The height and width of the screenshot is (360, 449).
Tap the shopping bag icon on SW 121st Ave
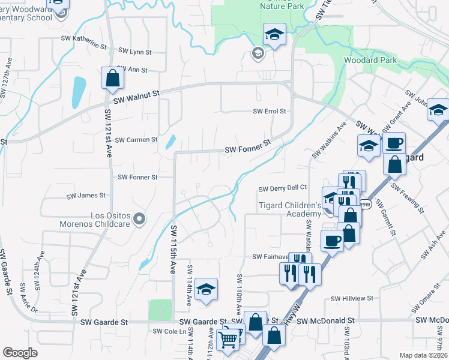click(x=112, y=78)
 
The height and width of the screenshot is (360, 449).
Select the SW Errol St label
click(x=270, y=112)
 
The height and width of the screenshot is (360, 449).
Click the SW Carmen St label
click(x=136, y=140)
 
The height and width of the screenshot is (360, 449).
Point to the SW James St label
click(x=86, y=196)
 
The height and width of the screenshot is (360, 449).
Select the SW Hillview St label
click(x=352, y=298)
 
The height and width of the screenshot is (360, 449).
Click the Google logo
click(x=20, y=353)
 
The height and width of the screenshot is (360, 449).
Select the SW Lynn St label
click(x=134, y=51)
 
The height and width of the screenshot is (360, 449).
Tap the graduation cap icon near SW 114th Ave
click(x=206, y=290)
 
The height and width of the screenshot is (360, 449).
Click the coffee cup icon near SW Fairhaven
click(x=332, y=241)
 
